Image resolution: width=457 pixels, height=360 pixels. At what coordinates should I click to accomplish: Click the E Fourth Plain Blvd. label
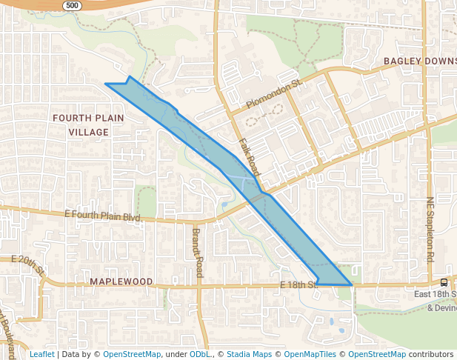(x=103, y=216)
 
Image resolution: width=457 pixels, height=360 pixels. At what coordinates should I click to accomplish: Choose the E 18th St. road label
(x=298, y=284)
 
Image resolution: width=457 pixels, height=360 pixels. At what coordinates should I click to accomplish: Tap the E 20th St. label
(x=28, y=265)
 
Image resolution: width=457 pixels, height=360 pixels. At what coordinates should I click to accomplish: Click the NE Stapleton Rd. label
(x=430, y=230)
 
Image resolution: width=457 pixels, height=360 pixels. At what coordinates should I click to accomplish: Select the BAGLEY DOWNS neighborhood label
(x=419, y=60)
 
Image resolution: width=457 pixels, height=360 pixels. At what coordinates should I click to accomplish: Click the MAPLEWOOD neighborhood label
(x=121, y=282)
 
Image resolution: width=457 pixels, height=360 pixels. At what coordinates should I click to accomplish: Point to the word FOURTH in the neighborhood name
(x=71, y=118)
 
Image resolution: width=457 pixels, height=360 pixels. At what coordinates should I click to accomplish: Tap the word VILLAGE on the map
(x=88, y=132)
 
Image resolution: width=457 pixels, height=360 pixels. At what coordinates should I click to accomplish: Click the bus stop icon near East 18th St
(x=444, y=282)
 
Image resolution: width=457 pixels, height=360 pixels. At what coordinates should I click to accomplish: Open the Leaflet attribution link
(x=41, y=354)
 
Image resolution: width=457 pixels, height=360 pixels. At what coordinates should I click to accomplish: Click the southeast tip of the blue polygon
(x=351, y=284)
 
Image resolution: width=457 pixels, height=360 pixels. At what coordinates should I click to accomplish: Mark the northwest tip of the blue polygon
(x=106, y=84)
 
